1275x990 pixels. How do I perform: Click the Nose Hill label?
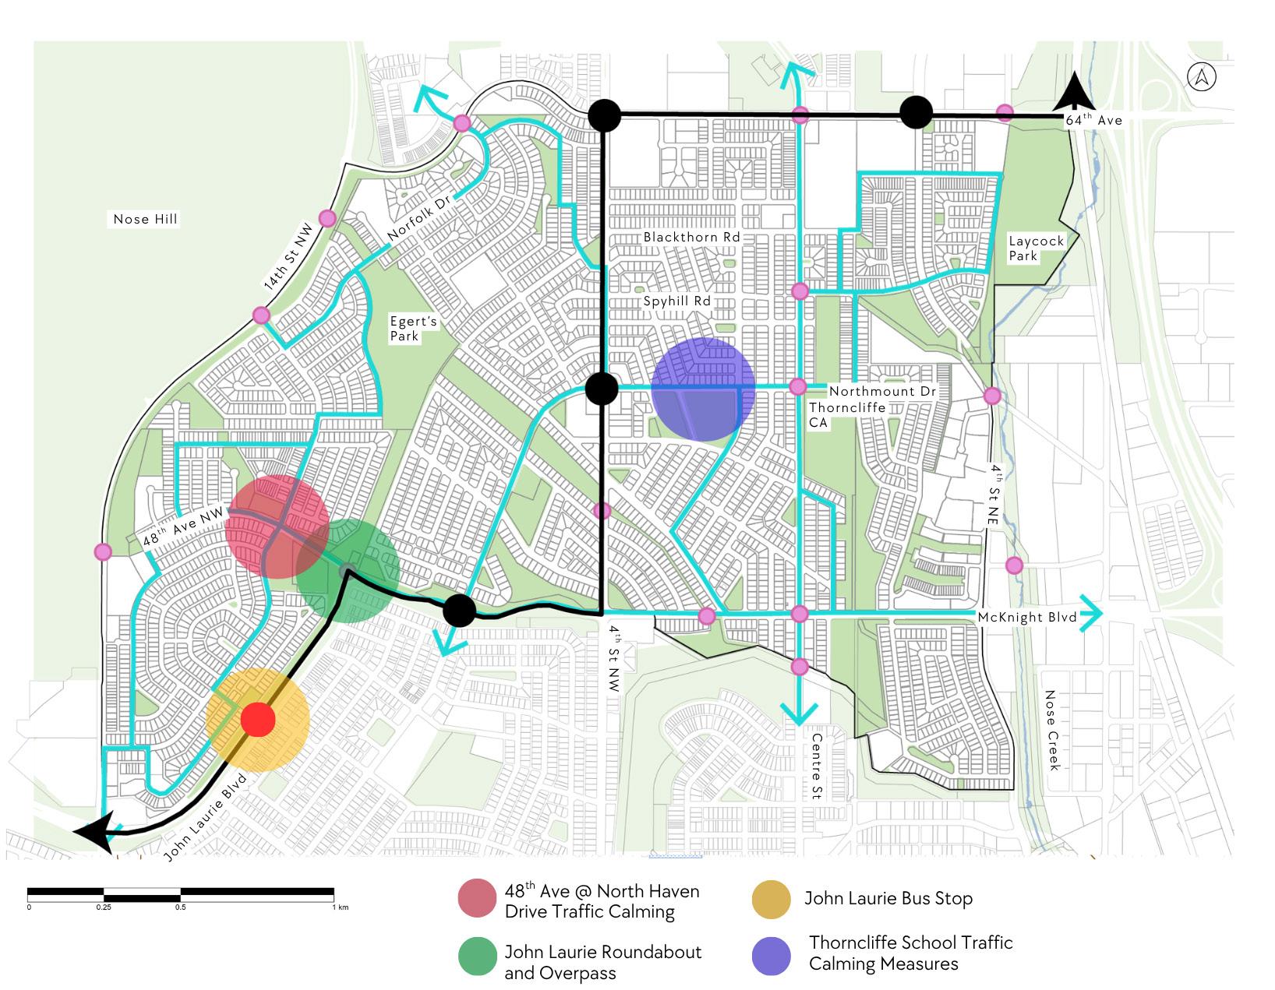point(145,220)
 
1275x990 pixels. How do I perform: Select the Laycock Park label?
point(1035,248)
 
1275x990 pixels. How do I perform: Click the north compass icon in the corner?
point(1202,77)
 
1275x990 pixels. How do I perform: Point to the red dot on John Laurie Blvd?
point(258,720)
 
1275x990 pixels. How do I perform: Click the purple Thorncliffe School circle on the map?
point(703,389)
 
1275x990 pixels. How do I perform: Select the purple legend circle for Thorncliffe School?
point(772,955)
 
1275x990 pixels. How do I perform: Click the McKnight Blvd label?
point(1026,618)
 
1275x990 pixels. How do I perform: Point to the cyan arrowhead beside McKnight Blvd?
point(1091,614)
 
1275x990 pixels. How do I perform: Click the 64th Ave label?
point(1093,119)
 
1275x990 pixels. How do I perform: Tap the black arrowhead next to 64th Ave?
point(1073,92)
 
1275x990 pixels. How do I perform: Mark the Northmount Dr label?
point(882,392)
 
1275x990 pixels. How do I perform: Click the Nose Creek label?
point(1052,730)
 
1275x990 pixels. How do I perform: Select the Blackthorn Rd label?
point(691,238)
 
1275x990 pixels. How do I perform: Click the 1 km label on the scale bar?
point(338,907)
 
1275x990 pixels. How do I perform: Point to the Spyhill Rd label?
point(676,301)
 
